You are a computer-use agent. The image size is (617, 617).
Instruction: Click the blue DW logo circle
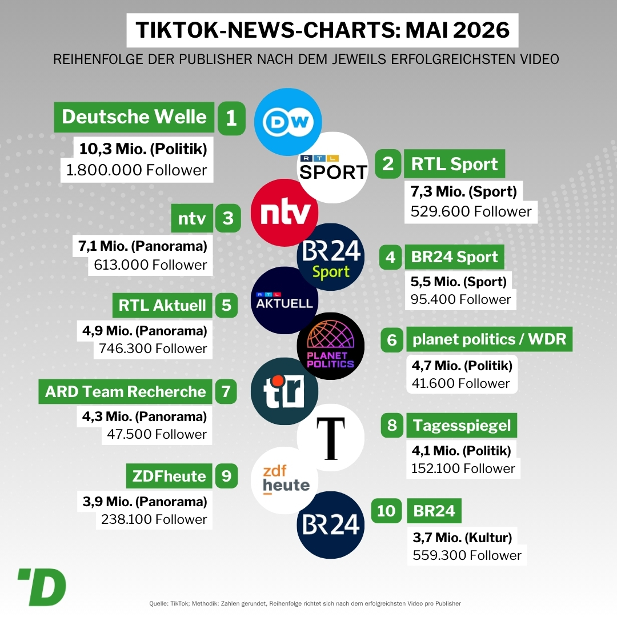[x=288, y=122]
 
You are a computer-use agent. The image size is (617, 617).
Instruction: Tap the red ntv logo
[x=285, y=213]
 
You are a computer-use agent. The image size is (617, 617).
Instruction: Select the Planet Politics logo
[x=331, y=346]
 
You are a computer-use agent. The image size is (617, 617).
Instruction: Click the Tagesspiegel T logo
[x=331, y=438]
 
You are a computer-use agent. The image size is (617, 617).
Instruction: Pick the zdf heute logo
[x=285, y=480]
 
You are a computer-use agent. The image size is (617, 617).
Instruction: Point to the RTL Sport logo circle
[x=333, y=167]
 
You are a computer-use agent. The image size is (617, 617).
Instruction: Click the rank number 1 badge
[x=231, y=118]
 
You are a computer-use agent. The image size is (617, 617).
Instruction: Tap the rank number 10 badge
[x=386, y=511]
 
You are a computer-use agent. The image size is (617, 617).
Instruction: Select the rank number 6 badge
[x=392, y=339]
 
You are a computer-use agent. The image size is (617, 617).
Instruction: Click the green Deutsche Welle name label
[x=134, y=117]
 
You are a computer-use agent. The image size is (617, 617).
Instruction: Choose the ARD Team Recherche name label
[x=126, y=391]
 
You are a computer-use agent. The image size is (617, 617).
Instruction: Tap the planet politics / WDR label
[x=489, y=339]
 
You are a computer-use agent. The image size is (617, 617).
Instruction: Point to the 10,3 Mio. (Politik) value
[x=143, y=149]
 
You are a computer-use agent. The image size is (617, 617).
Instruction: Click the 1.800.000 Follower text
[x=137, y=170]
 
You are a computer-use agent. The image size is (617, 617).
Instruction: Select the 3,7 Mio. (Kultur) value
[x=462, y=538]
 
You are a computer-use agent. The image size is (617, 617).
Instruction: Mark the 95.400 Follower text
[x=460, y=299]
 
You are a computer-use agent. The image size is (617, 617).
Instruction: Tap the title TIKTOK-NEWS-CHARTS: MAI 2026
[x=323, y=30]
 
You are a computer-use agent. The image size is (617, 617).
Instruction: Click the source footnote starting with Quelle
[x=305, y=604]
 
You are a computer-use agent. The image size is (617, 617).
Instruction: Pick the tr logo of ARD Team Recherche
[x=285, y=391]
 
